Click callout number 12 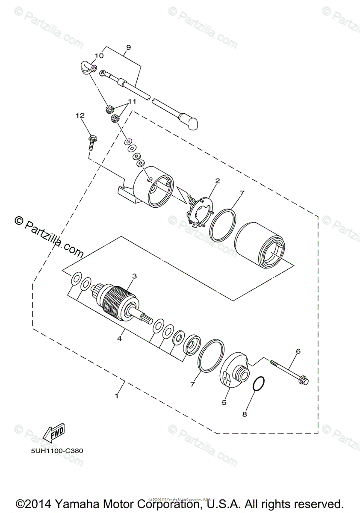80,115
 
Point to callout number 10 99,56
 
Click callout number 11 132,102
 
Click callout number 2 217,181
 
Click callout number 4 120,339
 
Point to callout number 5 224,402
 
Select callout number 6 298,351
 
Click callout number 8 245,414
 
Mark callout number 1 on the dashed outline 116,396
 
